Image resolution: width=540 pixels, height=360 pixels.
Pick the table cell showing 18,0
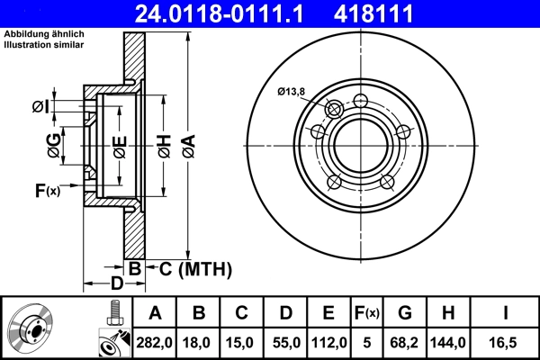click(199, 341)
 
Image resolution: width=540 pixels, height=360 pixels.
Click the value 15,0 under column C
click(242, 341)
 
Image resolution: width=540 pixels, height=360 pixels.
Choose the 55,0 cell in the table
click(285, 341)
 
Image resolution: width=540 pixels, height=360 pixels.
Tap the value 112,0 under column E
click(328, 341)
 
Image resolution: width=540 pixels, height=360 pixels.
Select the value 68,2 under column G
click(406, 341)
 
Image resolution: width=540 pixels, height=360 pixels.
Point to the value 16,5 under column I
click(506, 341)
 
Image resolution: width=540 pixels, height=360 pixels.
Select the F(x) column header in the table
click(366, 312)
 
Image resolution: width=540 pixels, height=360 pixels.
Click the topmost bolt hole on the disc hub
click(361, 100)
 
